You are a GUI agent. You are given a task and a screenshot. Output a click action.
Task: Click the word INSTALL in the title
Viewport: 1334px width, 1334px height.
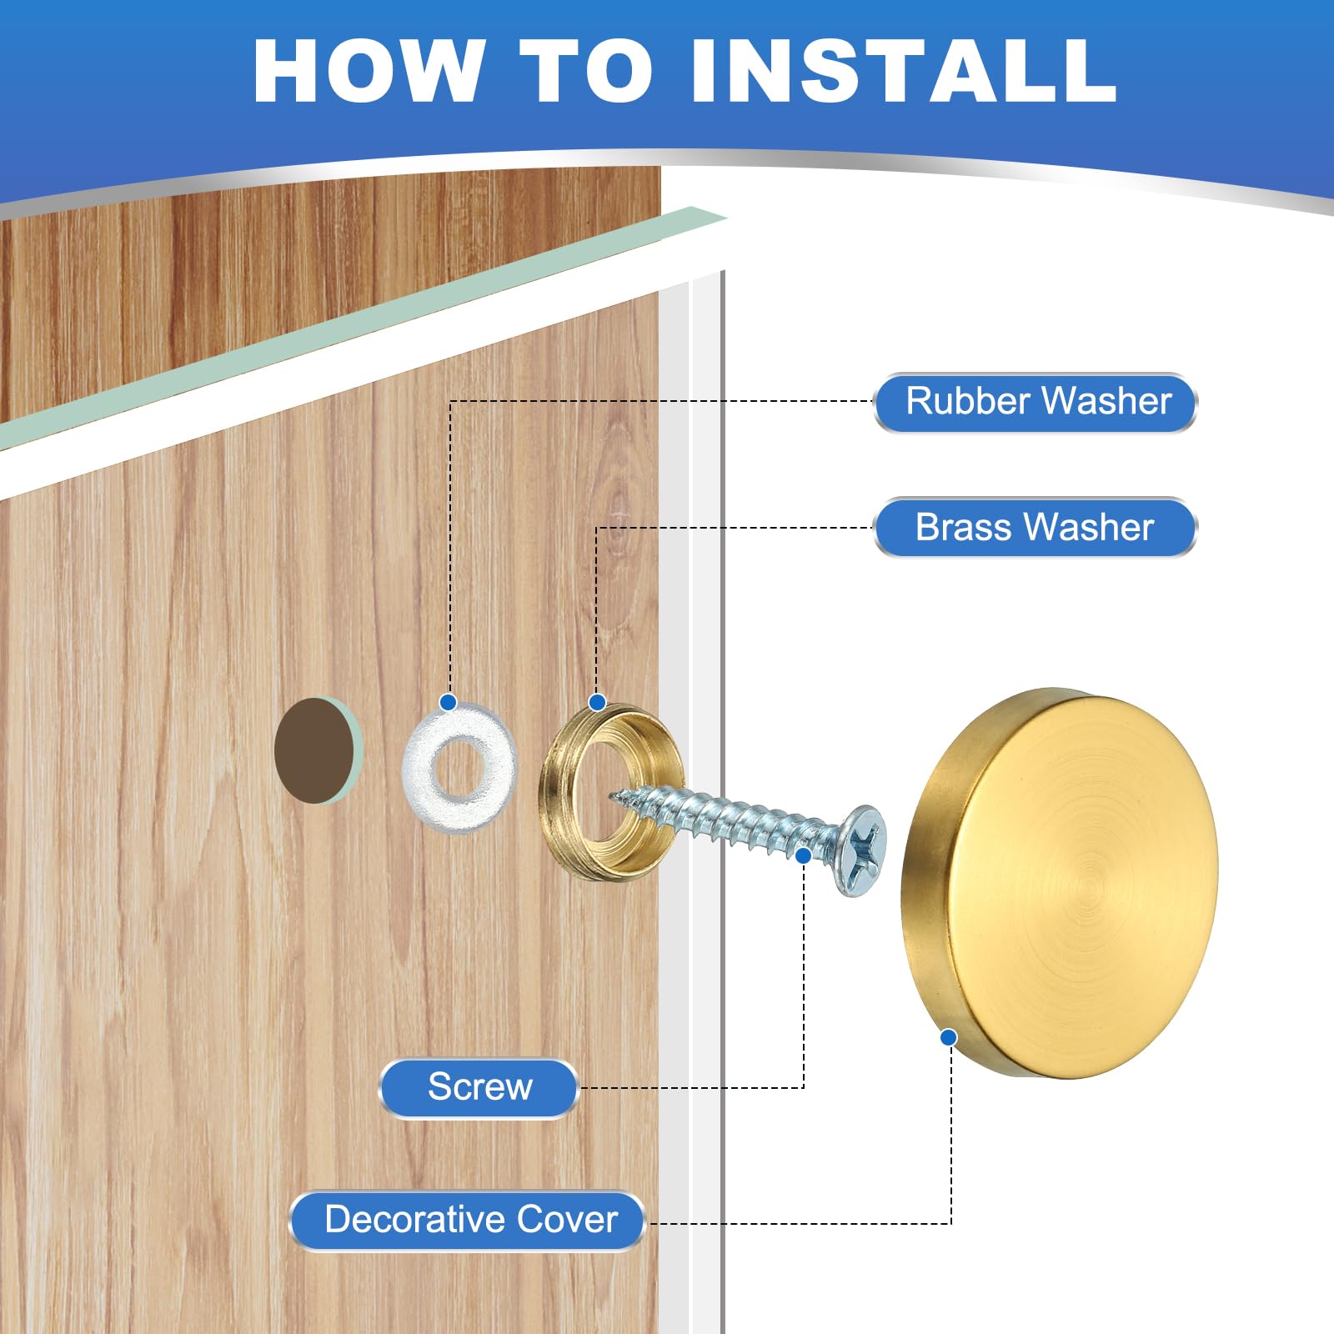coord(904,72)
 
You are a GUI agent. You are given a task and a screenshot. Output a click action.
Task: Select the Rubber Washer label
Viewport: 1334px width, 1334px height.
coord(1036,403)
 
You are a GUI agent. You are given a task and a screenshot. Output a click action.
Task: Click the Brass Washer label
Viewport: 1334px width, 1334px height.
coord(1036,527)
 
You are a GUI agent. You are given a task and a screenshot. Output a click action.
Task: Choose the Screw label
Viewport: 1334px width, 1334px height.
coord(479,1087)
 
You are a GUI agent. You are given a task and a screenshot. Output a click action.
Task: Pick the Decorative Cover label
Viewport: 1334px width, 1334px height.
coord(469,1221)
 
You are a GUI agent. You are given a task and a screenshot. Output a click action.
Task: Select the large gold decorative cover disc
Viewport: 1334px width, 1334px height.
coord(1060,883)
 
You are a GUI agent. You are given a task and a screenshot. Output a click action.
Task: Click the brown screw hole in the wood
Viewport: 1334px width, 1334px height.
coord(314,750)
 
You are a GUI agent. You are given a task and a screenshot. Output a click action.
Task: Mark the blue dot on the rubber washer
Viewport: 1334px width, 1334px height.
coord(449,703)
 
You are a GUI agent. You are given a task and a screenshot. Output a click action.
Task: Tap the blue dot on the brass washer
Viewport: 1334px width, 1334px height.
coord(597,703)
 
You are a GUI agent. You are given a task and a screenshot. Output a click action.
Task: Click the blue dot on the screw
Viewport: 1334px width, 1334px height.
coord(804,855)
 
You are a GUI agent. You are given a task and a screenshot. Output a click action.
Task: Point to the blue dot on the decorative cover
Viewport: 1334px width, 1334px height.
coord(948,1037)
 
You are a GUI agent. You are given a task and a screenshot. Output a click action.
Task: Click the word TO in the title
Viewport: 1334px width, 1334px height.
coord(587,72)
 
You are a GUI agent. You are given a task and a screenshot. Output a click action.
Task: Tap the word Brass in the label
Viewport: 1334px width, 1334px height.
coord(963,527)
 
